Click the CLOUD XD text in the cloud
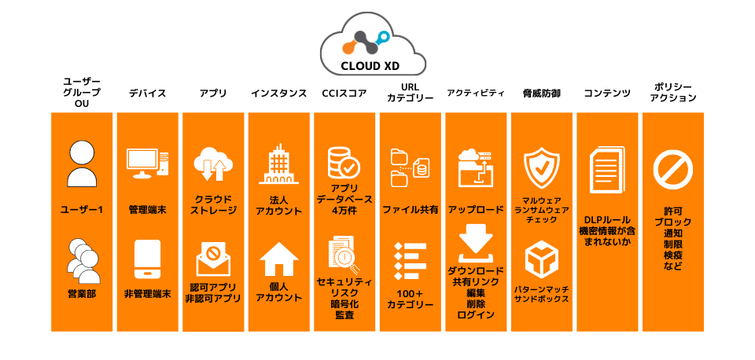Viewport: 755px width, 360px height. [x=370, y=66]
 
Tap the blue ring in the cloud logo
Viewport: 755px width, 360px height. [x=383, y=35]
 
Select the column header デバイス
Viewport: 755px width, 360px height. [x=147, y=94]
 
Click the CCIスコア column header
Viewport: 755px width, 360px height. [x=344, y=94]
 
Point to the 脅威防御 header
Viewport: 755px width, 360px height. [x=542, y=94]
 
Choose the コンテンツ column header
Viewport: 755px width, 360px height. [x=607, y=94]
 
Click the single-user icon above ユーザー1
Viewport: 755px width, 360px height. [x=82, y=163]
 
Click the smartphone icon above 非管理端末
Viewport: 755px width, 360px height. [x=147, y=259]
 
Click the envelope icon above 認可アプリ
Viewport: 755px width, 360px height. [x=213, y=259]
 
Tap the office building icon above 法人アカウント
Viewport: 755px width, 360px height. [x=278, y=164]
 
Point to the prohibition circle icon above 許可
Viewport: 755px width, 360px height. [x=672, y=171]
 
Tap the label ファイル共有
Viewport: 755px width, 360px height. [x=411, y=211]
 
